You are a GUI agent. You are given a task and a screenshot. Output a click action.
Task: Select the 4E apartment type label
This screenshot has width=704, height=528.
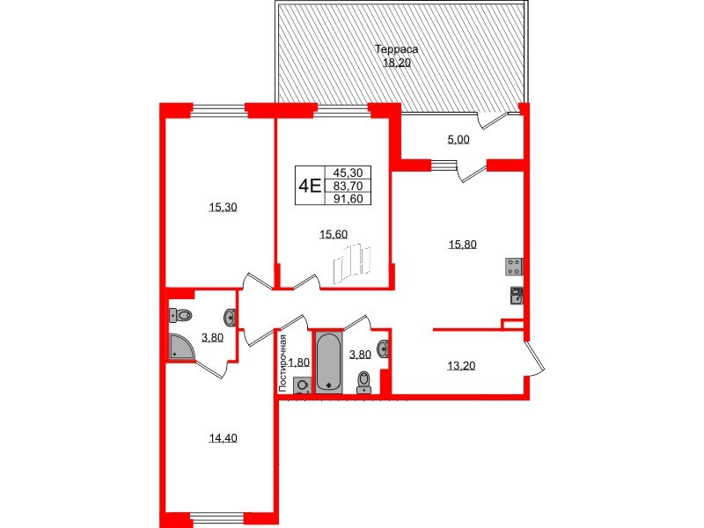309,186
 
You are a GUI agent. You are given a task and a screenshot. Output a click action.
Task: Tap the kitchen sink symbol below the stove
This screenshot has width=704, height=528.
517,295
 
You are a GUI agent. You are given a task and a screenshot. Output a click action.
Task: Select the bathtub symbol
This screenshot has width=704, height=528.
328,361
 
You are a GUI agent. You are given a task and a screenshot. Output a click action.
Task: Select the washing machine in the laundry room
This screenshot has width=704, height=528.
302,385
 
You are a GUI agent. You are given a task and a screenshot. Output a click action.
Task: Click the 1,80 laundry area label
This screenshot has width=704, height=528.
299,362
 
